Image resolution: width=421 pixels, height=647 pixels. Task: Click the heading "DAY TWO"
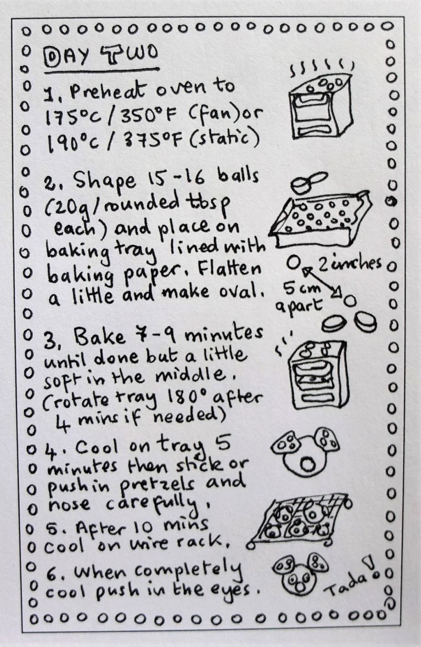click(x=100, y=57)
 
